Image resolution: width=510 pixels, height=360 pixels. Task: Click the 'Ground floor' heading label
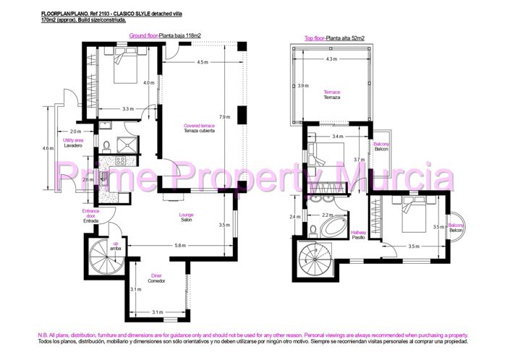[x=145, y=35]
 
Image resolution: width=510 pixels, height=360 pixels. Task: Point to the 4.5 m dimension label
[x=203, y=63]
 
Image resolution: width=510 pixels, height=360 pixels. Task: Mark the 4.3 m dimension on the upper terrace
[x=331, y=59]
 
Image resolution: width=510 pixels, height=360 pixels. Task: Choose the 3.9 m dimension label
[x=302, y=86]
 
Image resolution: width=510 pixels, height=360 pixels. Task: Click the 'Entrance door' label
[x=90, y=214]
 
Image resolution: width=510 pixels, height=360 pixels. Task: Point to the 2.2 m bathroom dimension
[x=326, y=215]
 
